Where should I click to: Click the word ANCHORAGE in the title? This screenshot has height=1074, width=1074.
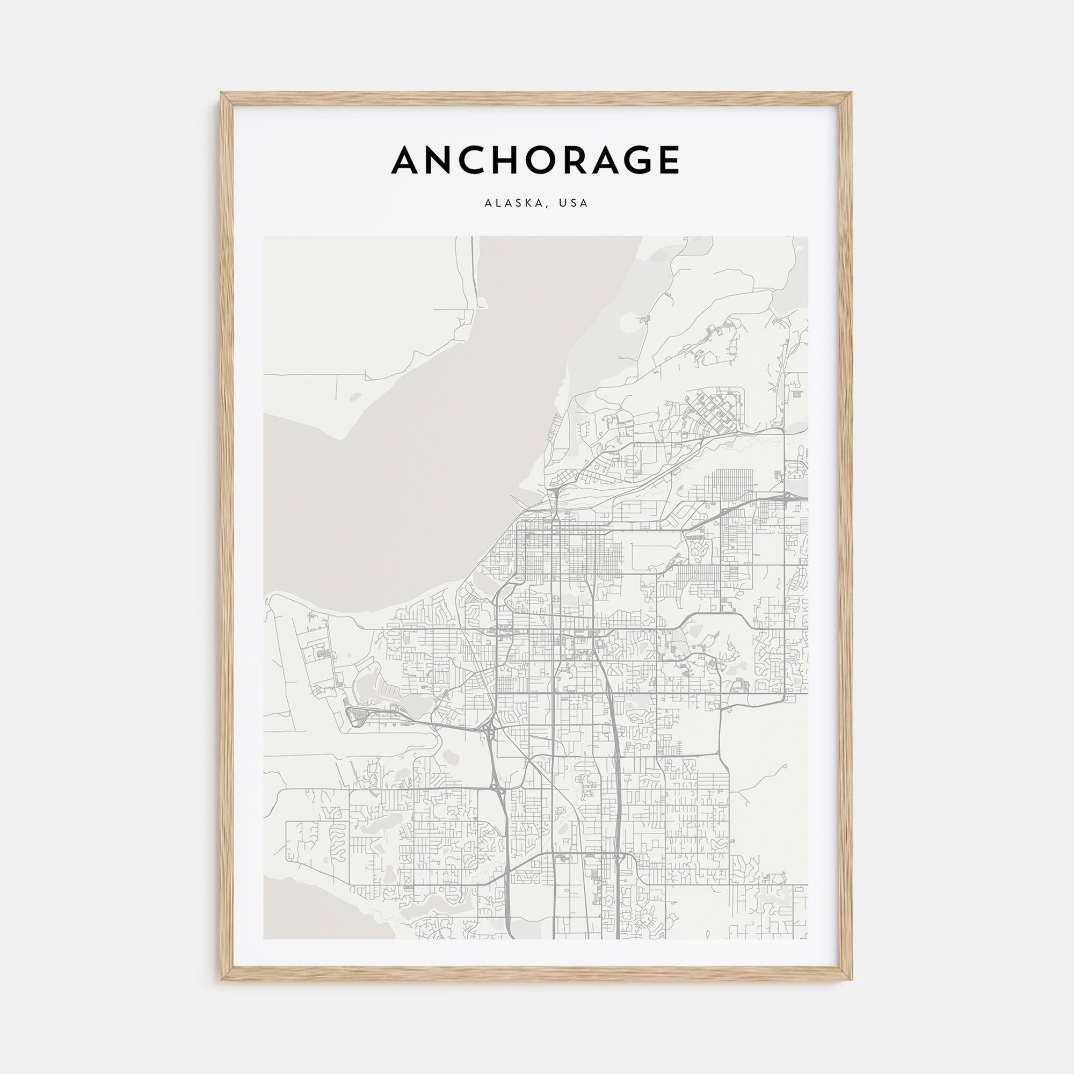point(535,160)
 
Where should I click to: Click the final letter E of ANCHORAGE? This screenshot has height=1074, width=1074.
point(668,161)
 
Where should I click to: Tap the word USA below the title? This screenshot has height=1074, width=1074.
point(574,204)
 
